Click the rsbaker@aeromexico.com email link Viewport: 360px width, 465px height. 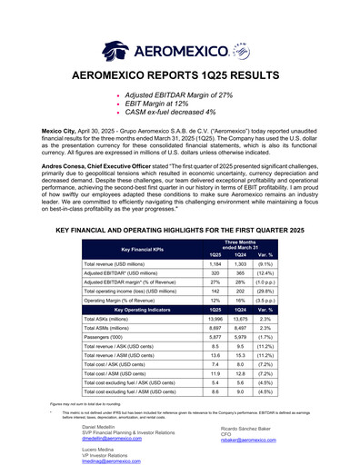[240, 437]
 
